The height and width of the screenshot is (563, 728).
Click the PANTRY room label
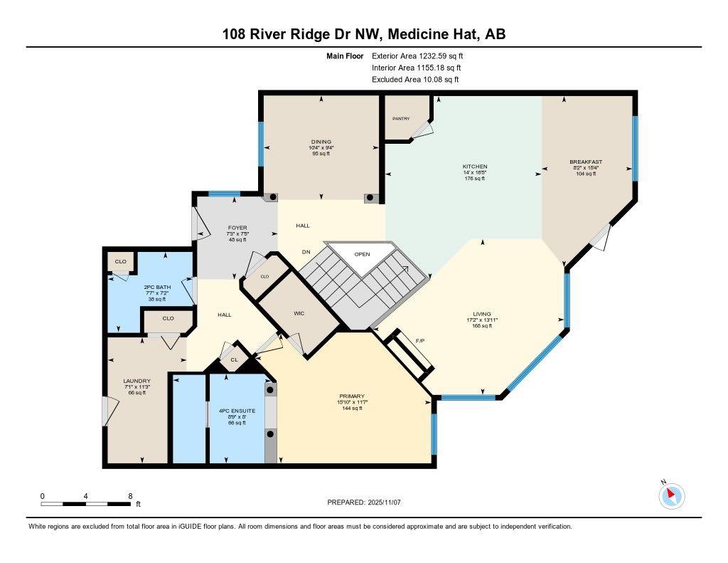click(x=402, y=119)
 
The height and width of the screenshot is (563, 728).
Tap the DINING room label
click(x=321, y=142)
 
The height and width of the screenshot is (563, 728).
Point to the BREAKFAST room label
click(x=586, y=162)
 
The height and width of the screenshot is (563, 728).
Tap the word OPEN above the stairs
click(x=362, y=253)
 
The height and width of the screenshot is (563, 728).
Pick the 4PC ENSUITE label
click(x=236, y=411)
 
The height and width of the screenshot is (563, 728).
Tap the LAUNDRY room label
click(x=136, y=381)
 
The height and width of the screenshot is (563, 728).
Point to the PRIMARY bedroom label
click(x=352, y=396)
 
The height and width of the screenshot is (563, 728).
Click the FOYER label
click(x=218, y=228)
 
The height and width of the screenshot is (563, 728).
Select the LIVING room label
click(x=483, y=314)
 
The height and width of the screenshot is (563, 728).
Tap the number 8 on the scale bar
click(x=130, y=495)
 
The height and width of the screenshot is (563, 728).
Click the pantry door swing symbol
click(x=423, y=129)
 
